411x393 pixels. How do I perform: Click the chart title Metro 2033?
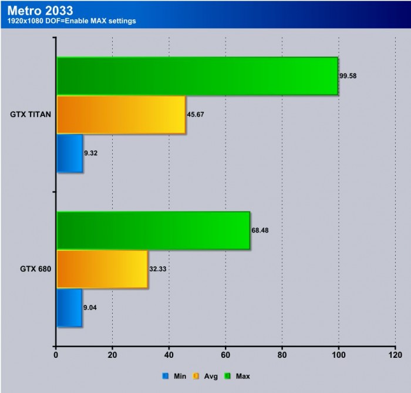(41, 10)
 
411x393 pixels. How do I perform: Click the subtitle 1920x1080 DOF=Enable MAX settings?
(72, 22)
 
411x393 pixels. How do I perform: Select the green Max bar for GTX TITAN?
(197, 76)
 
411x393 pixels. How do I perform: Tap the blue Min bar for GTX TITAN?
(69, 153)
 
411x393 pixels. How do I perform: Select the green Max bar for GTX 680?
(153, 230)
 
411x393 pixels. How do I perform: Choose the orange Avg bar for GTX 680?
(102, 268)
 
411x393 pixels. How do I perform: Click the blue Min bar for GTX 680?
(69, 307)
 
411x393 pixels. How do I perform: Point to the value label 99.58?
(349, 76)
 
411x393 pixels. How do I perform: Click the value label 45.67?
(196, 115)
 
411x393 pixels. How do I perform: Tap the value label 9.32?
(91, 153)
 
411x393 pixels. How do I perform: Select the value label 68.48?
(261, 230)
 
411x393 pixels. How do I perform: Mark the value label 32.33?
(159, 268)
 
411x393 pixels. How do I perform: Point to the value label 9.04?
(91, 307)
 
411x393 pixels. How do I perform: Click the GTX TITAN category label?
(29, 115)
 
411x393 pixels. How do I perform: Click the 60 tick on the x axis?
(225, 355)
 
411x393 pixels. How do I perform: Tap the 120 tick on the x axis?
(395, 355)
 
